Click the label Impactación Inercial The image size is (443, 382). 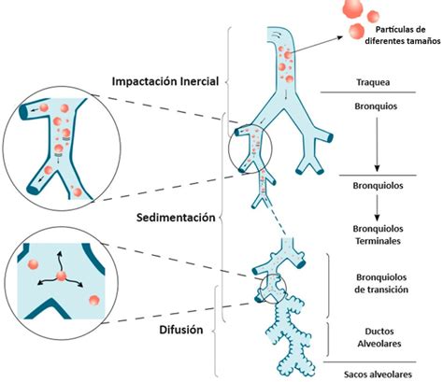pos(164,81)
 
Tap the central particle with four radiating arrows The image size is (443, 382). pos(58,277)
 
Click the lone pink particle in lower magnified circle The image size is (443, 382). pos(93,301)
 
